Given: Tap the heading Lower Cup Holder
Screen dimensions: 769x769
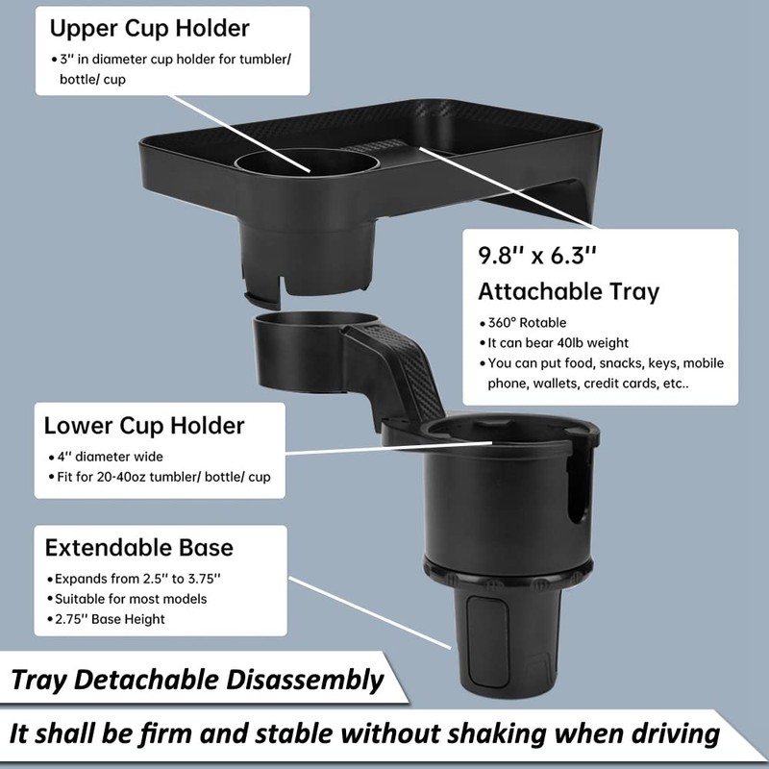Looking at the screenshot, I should (x=144, y=425).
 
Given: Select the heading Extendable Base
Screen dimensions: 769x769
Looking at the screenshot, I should (x=139, y=548).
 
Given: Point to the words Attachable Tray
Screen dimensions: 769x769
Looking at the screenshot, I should (x=569, y=290).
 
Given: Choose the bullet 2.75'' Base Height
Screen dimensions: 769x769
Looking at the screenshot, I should (x=110, y=619).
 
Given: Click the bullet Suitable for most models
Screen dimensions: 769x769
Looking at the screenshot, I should (x=130, y=600).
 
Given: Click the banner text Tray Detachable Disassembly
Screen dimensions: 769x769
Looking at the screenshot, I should (x=197, y=681).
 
